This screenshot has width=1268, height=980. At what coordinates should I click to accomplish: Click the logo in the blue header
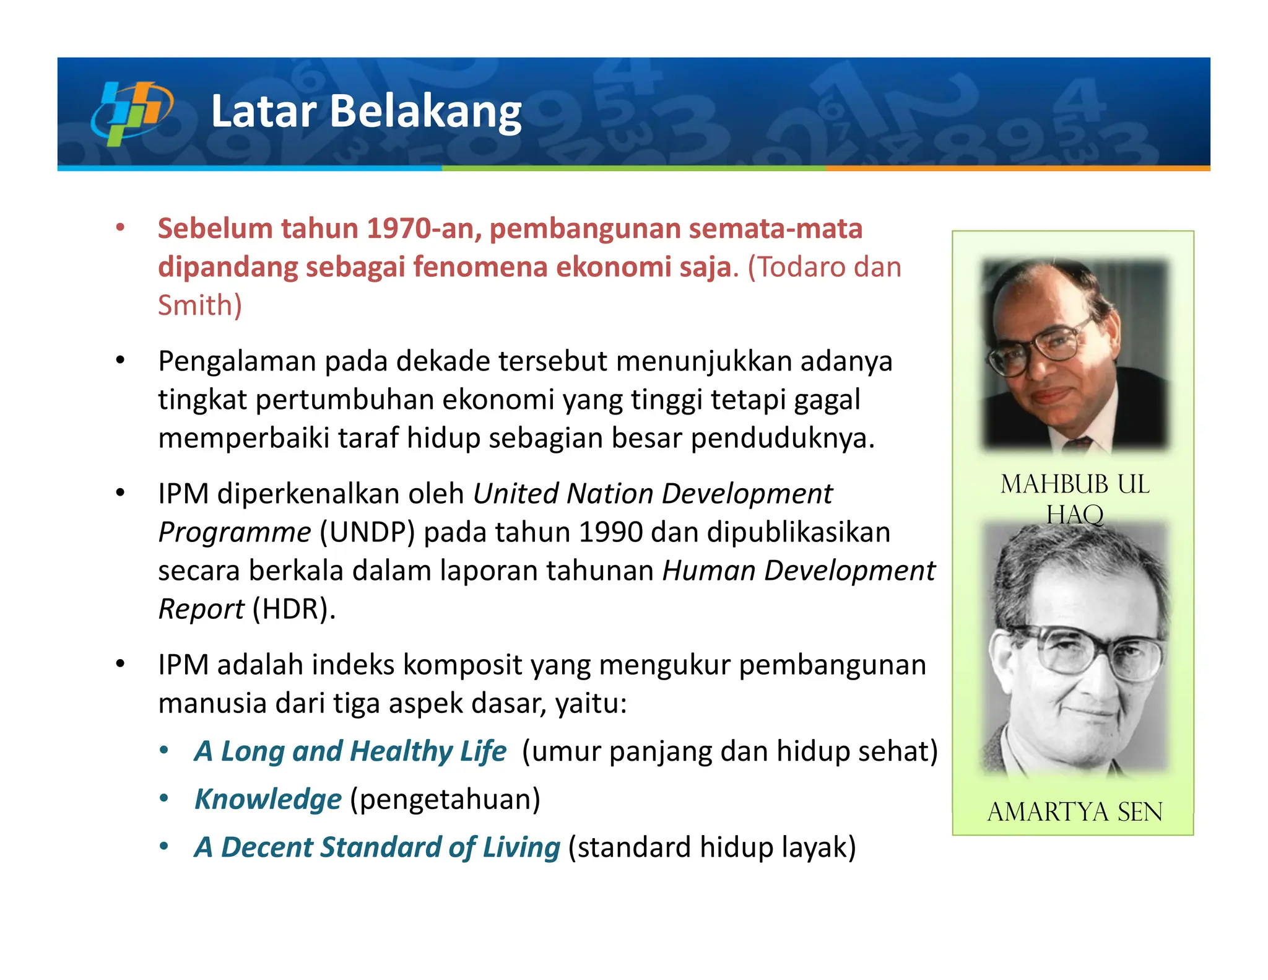[131, 113]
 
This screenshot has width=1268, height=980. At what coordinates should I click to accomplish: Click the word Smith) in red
[199, 305]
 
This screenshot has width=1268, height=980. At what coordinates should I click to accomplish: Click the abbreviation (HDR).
[293, 610]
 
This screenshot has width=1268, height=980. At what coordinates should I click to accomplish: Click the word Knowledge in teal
[267, 799]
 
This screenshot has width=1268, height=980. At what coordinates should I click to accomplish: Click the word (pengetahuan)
[445, 799]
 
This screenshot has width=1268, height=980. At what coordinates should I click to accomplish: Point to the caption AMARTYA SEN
[1074, 812]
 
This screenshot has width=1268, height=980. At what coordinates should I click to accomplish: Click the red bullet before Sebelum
[120, 227]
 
